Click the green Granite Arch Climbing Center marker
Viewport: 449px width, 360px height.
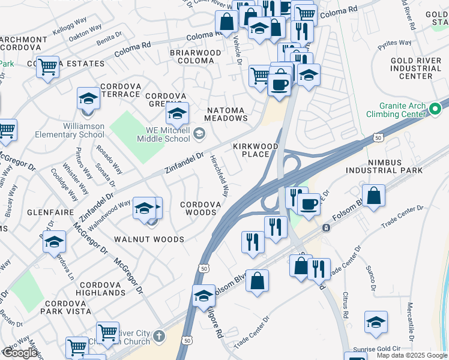(x=436, y=109)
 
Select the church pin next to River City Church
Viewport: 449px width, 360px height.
(x=158, y=335)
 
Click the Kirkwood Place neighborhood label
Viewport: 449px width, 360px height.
(x=256, y=150)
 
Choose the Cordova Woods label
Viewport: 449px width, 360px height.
(x=198, y=208)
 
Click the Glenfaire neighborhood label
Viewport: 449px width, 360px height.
(x=50, y=213)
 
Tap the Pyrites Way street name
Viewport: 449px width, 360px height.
(x=394, y=44)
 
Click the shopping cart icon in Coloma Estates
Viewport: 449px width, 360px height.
(x=47, y=67)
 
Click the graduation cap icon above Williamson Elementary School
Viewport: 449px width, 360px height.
(x=88, y=98)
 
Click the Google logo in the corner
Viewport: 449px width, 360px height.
(x=19, y=353)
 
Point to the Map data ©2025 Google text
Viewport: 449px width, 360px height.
(x=412, y=355)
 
